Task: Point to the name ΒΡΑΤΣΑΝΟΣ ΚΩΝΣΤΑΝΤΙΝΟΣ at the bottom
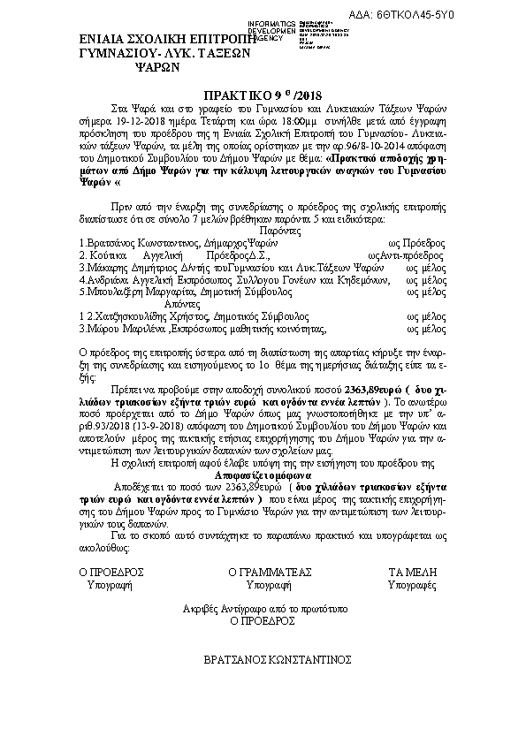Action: click(x=278, y=659)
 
